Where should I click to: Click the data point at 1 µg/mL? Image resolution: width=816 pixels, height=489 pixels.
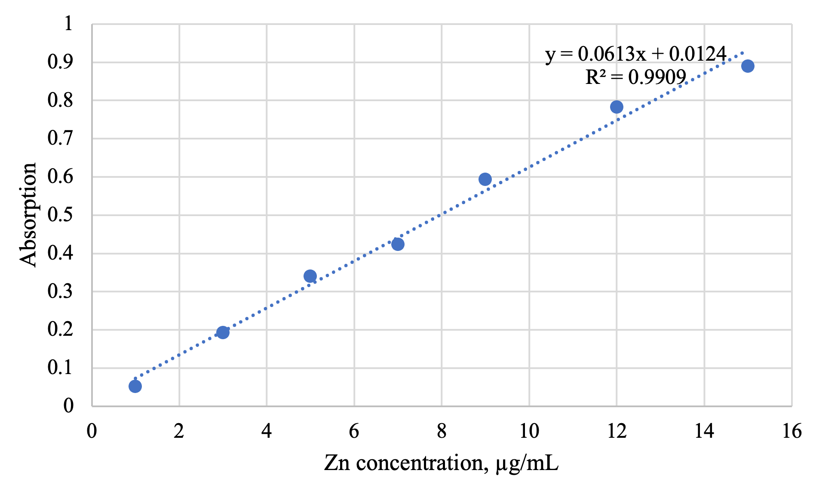click(x=135, y=386)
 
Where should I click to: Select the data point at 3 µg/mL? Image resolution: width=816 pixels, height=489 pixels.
click(x=223, y=332)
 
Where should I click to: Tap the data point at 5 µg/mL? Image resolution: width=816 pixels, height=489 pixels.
click(x=310, y=276)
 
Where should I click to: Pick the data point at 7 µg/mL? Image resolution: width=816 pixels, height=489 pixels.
click(x=398, y=244)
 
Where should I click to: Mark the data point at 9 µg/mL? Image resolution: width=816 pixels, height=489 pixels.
click(x=485, y=179)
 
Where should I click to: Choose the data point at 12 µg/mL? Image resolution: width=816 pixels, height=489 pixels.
click(x=617, y=107)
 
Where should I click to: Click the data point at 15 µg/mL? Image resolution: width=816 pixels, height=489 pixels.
click(x=748, y=66)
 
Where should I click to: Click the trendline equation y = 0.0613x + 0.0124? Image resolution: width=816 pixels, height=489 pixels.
click(x=636, y=54)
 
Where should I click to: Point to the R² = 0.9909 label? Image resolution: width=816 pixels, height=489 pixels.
click(x=636, y=77)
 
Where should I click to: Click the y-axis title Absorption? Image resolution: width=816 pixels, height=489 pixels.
click(x=28, y=215)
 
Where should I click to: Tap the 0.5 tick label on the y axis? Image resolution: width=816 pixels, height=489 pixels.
click(x=61, y=214)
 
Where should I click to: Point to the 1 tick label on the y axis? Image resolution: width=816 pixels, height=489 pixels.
click(x=68, y=23)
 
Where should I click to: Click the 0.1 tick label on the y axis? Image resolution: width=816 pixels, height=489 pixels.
click(x=61, y=368)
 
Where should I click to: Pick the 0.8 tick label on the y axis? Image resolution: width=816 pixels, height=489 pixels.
click(x=61, y=100)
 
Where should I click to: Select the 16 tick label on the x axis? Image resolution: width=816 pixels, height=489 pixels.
click(x=791, y=431)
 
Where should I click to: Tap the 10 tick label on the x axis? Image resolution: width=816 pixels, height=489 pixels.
click(x=529, y=431)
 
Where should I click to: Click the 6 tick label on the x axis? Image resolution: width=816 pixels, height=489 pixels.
click(x=354, y=431)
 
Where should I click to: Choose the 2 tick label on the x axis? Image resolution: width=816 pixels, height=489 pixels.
click(x=179, y=431)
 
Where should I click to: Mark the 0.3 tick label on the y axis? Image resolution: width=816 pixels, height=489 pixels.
click(x=61, y=291)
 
